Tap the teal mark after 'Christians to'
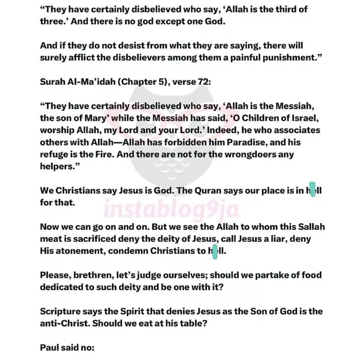pos(215,251)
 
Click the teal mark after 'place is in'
pos(312,190)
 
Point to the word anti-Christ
pos(66,323)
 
